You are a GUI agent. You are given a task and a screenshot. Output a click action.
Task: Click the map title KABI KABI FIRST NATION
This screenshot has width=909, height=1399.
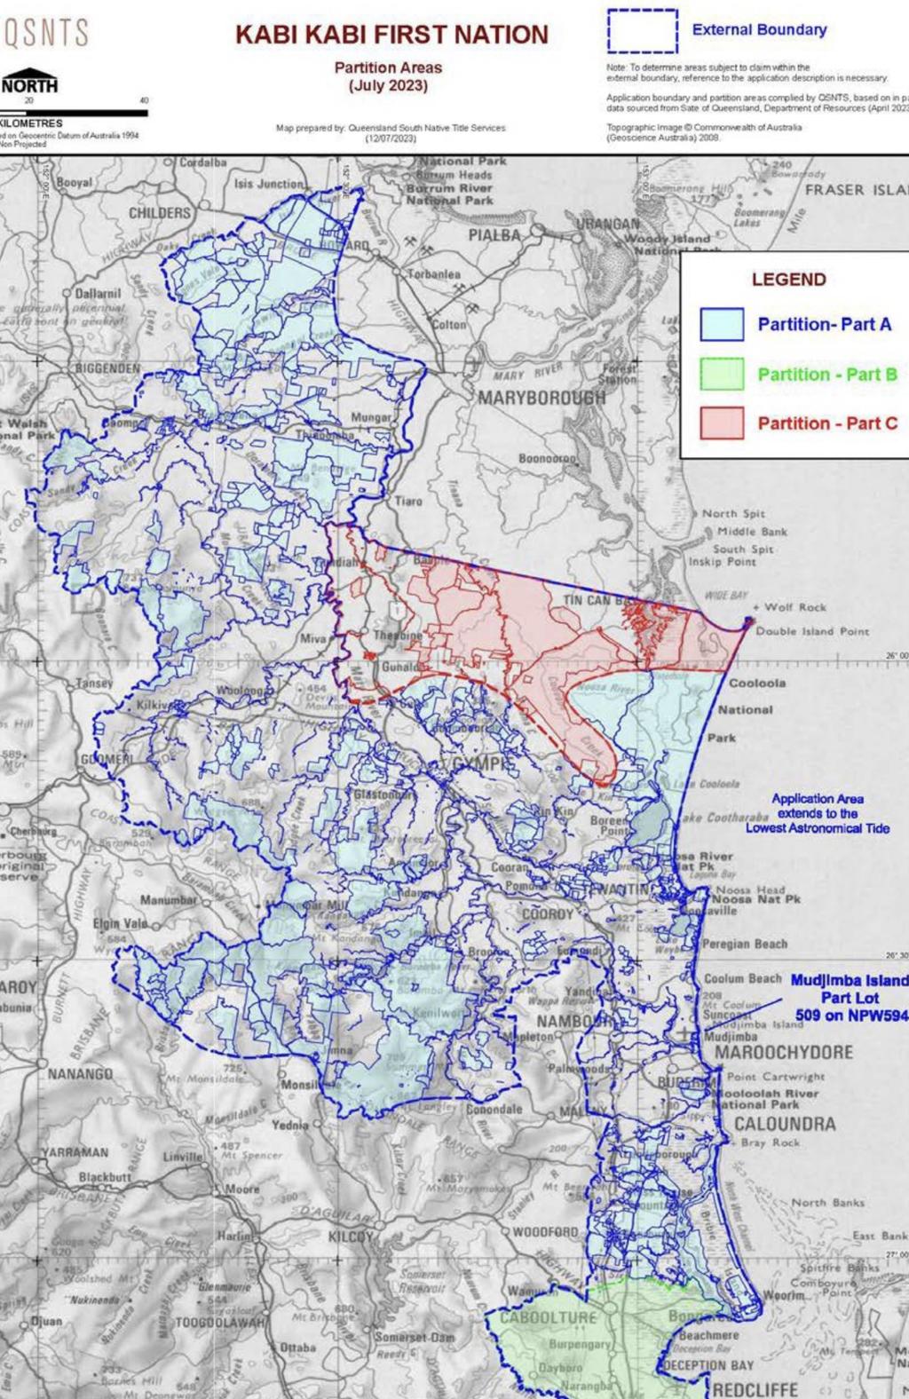tap(391, 35)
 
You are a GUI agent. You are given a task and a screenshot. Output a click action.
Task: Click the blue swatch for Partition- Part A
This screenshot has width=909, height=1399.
tap(721, 324)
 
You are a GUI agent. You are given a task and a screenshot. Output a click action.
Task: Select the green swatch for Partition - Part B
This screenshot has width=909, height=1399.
tap(721, 374)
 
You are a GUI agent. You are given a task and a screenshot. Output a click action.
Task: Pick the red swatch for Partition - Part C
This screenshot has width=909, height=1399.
tap(721, 423)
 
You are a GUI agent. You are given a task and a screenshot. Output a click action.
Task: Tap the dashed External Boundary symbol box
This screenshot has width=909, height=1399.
tap(643, 31)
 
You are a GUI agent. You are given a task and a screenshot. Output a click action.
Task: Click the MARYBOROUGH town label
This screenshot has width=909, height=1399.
tap(541, 397)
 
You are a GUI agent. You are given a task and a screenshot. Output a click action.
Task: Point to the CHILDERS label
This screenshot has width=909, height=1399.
tap(160, 213)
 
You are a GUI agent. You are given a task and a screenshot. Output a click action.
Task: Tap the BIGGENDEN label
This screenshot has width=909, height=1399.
tap(107, 367)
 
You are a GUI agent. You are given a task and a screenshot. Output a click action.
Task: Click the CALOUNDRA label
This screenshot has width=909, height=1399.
tap(785, 1124)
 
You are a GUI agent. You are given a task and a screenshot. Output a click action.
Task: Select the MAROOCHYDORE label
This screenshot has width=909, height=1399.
tap(784, 1052)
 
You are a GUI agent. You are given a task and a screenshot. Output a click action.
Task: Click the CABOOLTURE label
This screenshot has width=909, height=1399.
tap(548, 1317)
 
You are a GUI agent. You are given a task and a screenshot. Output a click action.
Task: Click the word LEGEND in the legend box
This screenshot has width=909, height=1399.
tap(788, 280)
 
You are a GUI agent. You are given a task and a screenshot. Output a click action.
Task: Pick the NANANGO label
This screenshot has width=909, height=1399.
tap(80, 1073)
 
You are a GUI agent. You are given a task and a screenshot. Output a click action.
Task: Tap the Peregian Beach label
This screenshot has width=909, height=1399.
tap(745, 944)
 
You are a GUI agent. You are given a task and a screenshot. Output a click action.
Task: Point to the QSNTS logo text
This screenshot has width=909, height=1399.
tap(46, 34)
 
